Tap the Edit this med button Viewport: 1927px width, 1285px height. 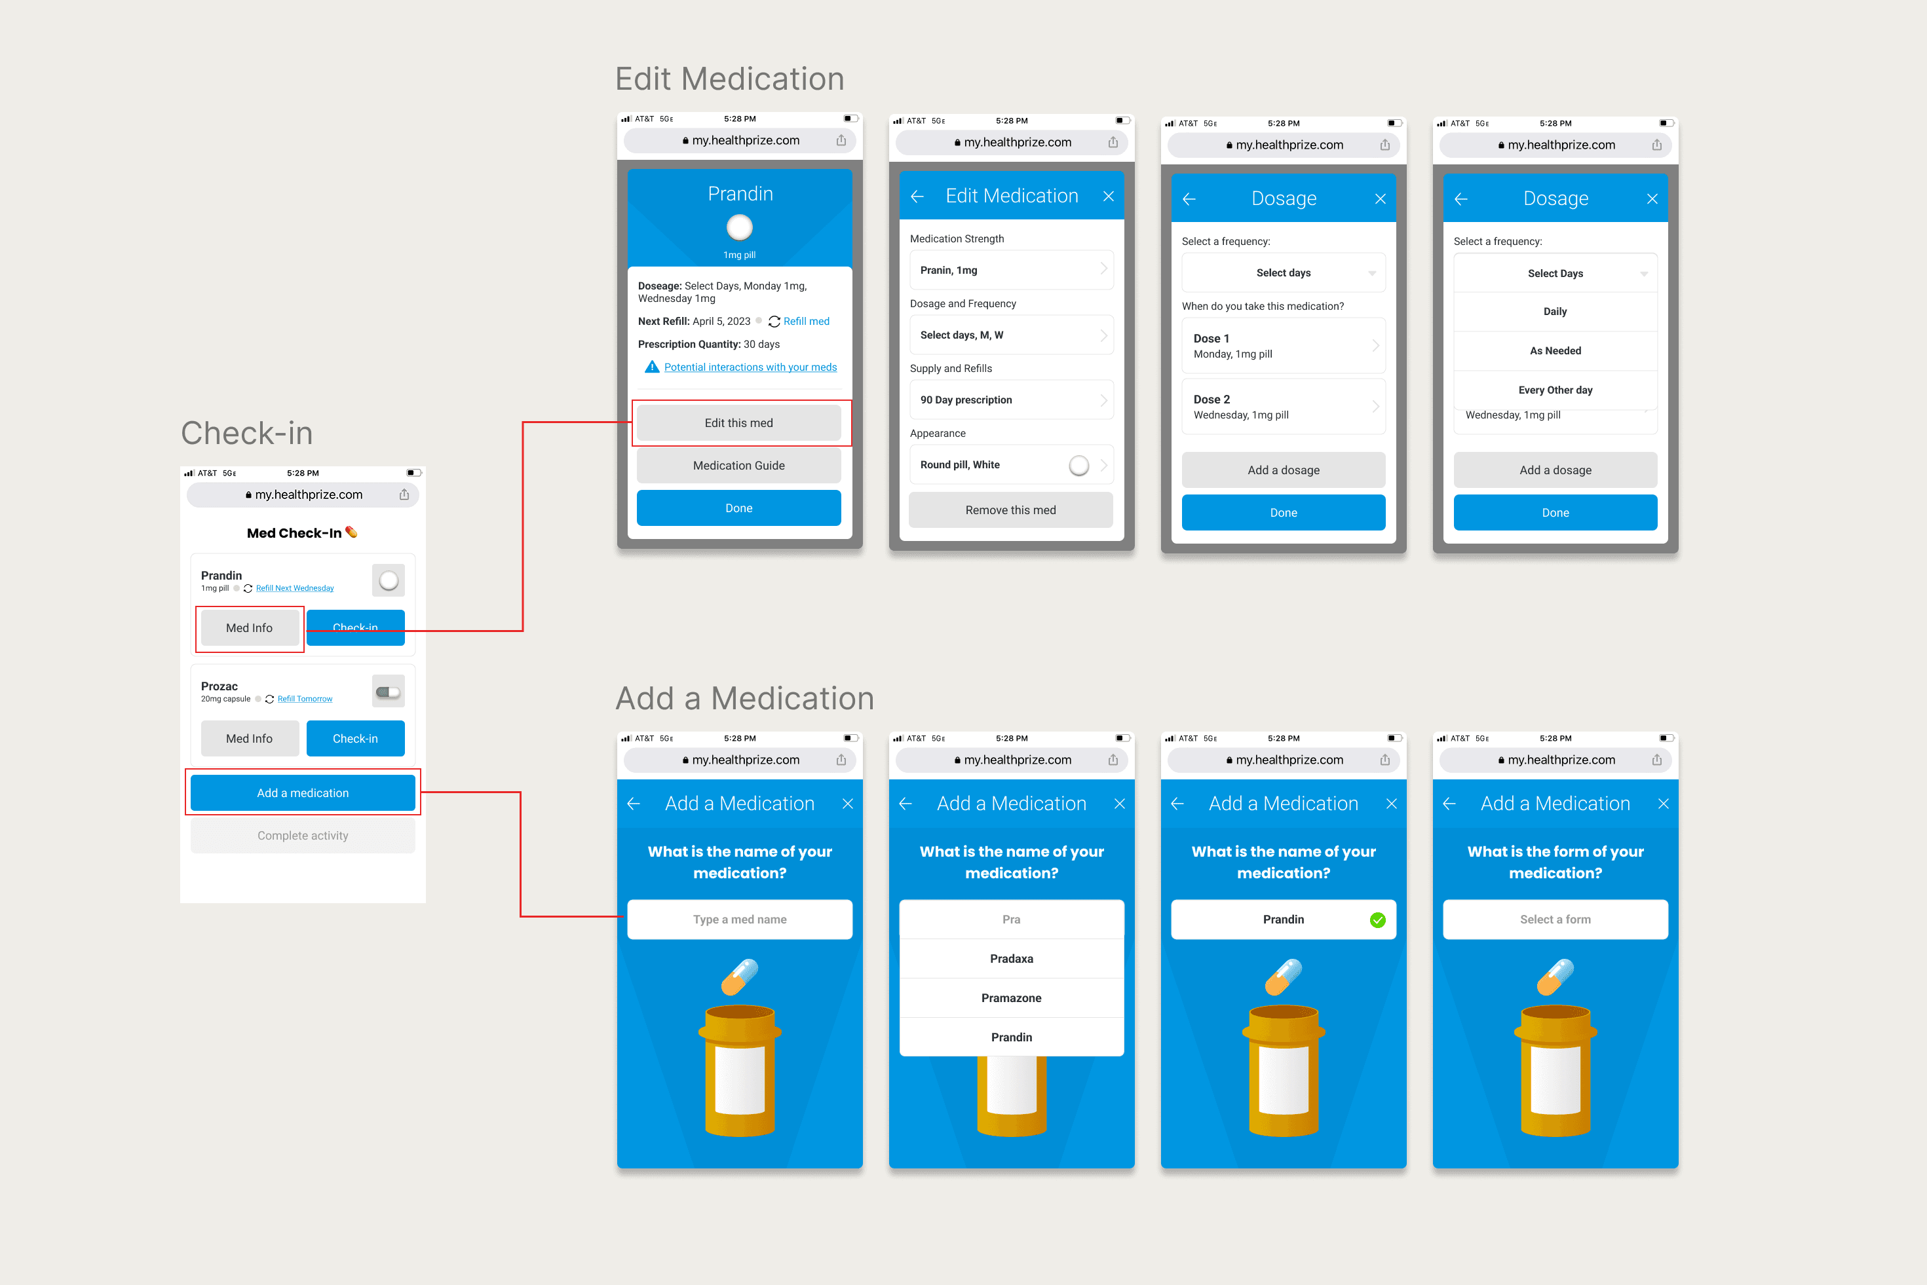(x=738, y=423)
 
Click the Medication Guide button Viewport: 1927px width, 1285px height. (x=738, y=466)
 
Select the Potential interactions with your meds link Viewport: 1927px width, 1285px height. (x=750, y=367)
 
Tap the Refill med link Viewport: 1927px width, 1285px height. (x=806, y=321)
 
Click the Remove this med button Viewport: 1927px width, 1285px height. (x=1010, y=510)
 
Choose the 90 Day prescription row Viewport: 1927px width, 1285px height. (x=1010, y=400)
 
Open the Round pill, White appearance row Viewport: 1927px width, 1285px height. (x=1010, y=464)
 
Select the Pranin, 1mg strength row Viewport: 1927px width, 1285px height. (x=1010, y=270)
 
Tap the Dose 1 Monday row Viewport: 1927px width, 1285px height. (x=1283, y=346)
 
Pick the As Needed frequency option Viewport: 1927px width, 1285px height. (x=1555, y=351)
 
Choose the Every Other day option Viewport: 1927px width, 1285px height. (x=1555, y=390)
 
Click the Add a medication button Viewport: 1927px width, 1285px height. (x=303, y=792)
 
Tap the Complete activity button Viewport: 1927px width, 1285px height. (x=303, y=835)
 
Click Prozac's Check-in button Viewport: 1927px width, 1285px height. (x=355, y=738)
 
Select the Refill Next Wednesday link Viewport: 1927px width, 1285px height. (x=294, y=588)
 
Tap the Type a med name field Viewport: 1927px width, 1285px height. (x=739, y=920)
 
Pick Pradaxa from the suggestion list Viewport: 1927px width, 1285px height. (x=1010, y=959)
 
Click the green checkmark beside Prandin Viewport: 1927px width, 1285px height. (x=1377, y=920)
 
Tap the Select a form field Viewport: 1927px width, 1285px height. (x=1555, y=920)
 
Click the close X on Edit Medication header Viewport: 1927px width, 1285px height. (x=1108, y=196)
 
